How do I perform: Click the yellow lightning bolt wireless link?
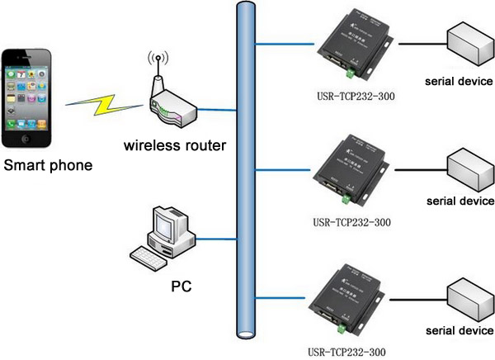[104, 103]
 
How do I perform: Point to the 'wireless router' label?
[175, 146]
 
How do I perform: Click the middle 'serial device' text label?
[460, 201]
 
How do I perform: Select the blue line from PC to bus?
[215, 239]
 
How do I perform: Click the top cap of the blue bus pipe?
[245, 7]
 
